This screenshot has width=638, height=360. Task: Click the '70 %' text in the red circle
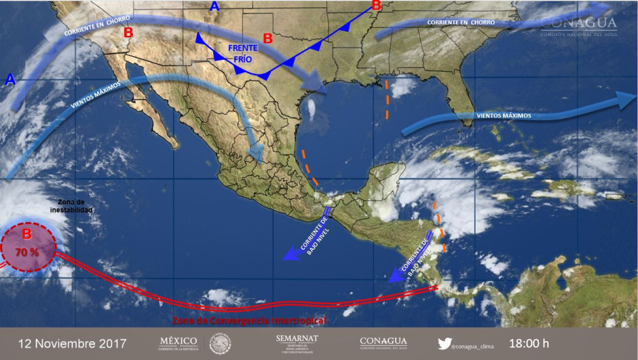point(27,252)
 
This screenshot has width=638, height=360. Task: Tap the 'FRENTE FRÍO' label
point(242,54)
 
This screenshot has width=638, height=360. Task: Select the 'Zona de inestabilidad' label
point(71,206)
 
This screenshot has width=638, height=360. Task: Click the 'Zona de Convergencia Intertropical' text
point(249,319)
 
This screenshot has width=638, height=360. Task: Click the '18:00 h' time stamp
point(529,344)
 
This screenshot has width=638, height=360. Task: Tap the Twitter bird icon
point(445,344)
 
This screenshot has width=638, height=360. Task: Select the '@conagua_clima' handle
point(476,345)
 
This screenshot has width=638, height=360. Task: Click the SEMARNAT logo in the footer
point(297,343)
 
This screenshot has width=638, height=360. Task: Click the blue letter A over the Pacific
point(10,80)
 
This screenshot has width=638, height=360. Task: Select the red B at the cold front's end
point(377,6)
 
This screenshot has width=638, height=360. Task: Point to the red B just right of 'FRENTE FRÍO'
point(267,39)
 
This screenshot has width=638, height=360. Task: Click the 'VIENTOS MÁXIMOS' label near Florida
point(504,115)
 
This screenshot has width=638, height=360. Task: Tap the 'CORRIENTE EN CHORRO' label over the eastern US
point(461,23)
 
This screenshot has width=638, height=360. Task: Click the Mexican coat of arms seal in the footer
point(220,343)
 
